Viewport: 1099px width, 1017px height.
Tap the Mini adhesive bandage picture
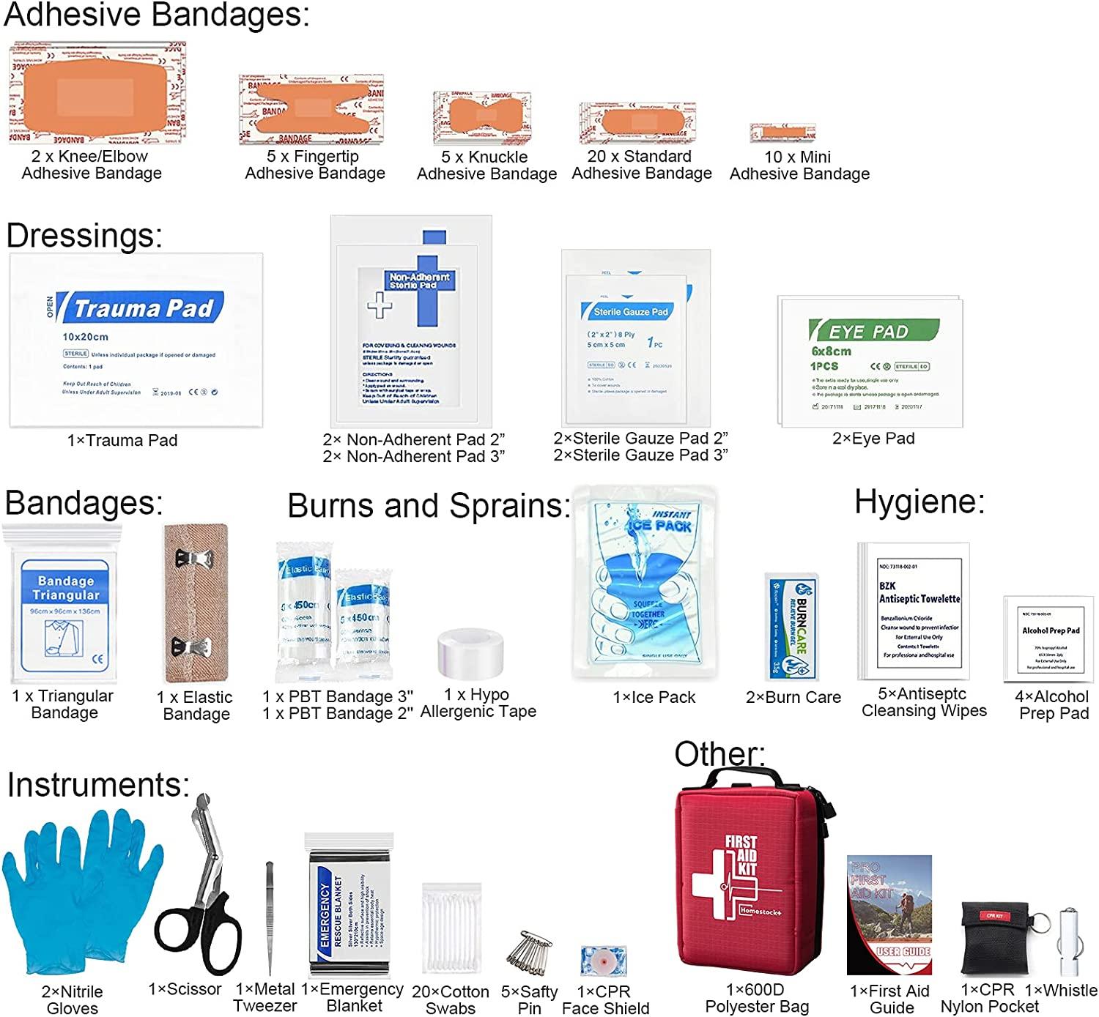click(x=782, y=133)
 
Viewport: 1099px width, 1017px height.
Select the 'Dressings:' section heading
click(x=84, y=236)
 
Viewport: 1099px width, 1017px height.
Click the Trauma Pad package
click(x=136, y=340)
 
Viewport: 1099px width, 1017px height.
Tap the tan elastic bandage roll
click(x=195, y=603)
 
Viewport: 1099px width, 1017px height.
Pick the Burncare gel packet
click(x=792, y=627)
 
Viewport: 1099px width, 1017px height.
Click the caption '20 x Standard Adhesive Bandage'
click(x=641, y=165)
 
